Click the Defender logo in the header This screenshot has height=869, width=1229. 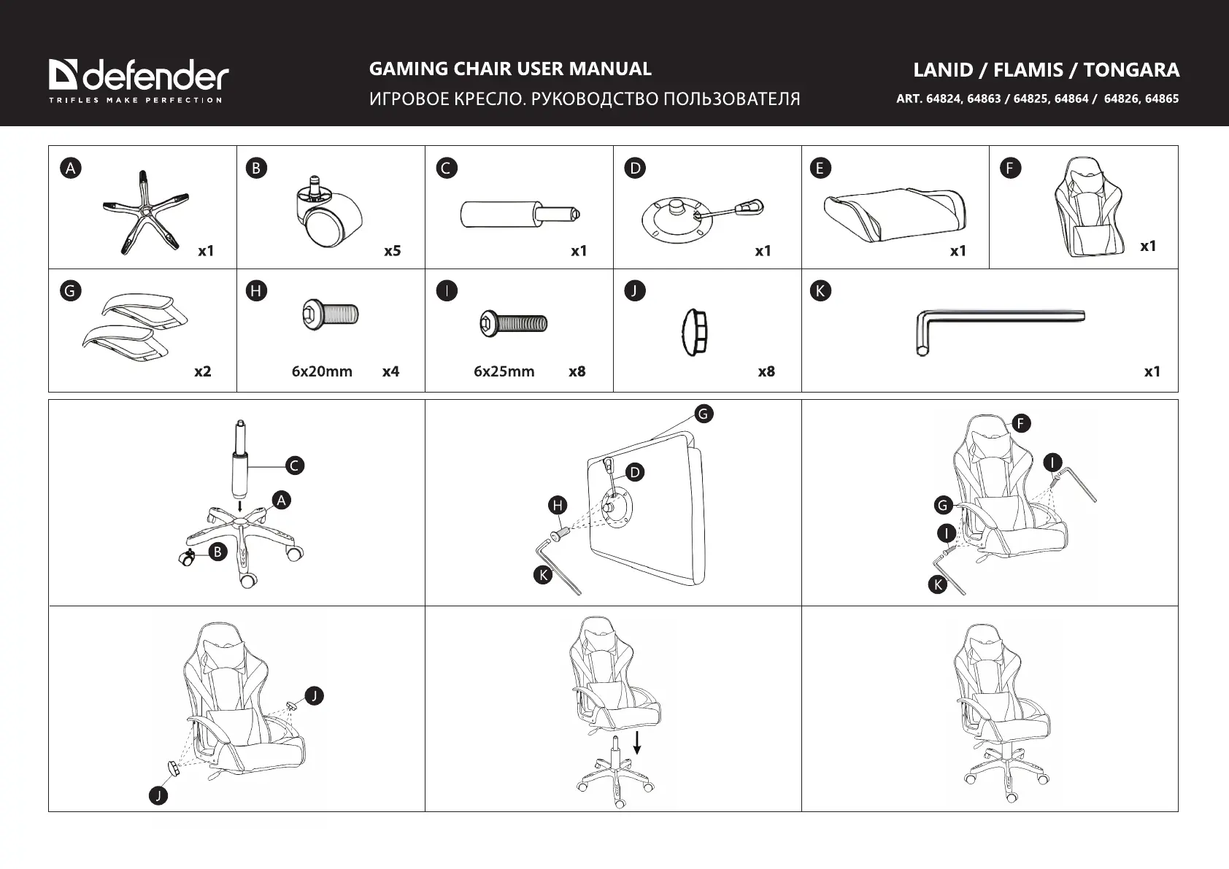(x=139, y=80)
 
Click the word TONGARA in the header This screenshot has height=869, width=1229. (x=1131, y=70)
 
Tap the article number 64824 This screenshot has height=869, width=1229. (x=944, y=99)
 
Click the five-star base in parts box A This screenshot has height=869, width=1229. (x=146, y=212)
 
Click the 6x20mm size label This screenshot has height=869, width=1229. (x=322, y=371)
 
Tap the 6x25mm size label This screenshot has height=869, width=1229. (x=504, y=371)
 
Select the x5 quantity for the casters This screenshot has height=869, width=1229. (x=392, y=251)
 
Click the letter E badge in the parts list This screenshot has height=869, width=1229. (x=820, y=169)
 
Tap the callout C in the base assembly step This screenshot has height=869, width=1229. (x=294, y=466)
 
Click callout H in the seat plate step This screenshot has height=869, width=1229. (x=558, y=505)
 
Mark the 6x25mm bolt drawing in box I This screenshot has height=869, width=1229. (x=514, y=323)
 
